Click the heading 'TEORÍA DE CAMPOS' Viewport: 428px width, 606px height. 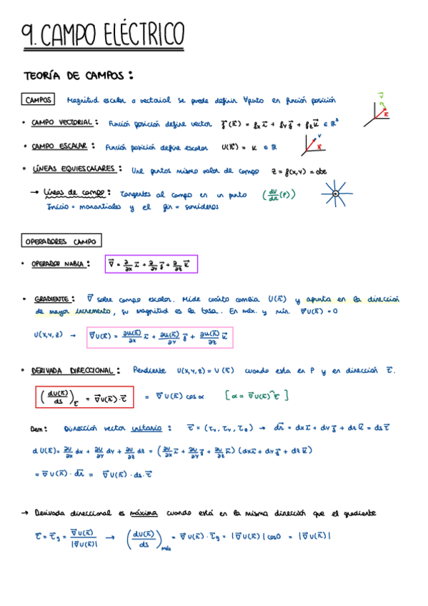coord(78,75)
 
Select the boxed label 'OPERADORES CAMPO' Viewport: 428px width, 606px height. coord(62,241)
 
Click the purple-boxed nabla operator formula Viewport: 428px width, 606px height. coord(151,264)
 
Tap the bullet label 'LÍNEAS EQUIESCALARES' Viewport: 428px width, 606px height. coord(76,170)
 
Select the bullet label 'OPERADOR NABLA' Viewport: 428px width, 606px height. coord(61,264)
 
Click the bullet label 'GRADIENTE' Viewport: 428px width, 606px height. coord(53,299)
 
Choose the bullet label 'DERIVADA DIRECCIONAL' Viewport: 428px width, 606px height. coord(72,371)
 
